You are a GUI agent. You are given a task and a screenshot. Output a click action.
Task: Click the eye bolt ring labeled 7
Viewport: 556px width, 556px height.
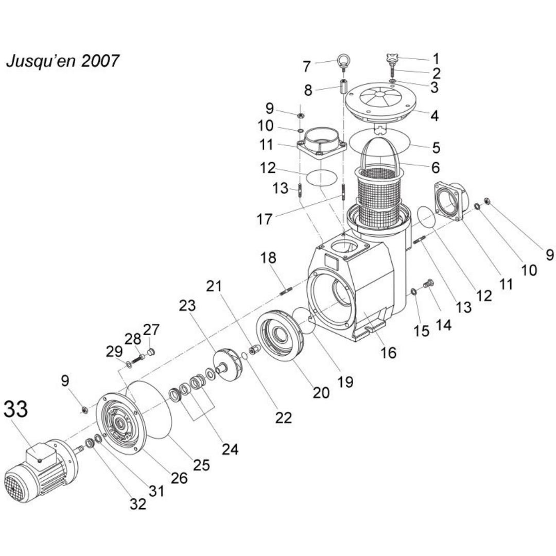pos(344,60)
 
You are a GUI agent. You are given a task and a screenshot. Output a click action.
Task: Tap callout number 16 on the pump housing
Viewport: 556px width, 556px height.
pos(388,352)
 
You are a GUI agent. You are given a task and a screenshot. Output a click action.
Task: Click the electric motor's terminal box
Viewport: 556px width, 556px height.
pos(40,454)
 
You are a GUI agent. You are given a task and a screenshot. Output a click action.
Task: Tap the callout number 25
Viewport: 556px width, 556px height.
pos(201,465)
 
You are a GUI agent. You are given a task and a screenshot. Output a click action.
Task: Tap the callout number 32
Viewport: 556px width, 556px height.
pos(138,503)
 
